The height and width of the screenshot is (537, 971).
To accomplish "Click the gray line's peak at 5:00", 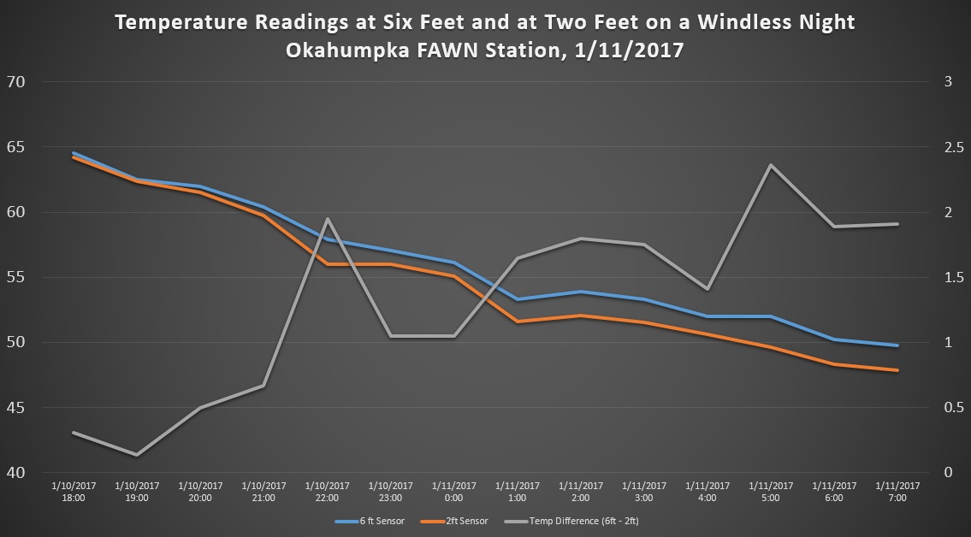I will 771,165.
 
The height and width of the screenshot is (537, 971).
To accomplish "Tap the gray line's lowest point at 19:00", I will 137,454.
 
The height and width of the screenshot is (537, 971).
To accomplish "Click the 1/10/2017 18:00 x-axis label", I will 74,492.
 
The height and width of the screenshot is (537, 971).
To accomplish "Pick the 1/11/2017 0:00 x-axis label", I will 453,492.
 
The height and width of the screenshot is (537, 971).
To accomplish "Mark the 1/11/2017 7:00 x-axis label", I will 897,492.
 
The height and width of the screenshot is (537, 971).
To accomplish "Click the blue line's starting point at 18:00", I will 74,154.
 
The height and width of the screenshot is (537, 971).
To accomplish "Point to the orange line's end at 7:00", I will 897,370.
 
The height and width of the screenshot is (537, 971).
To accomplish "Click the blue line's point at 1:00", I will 517,299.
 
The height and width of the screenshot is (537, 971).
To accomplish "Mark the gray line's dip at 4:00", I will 708,288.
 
